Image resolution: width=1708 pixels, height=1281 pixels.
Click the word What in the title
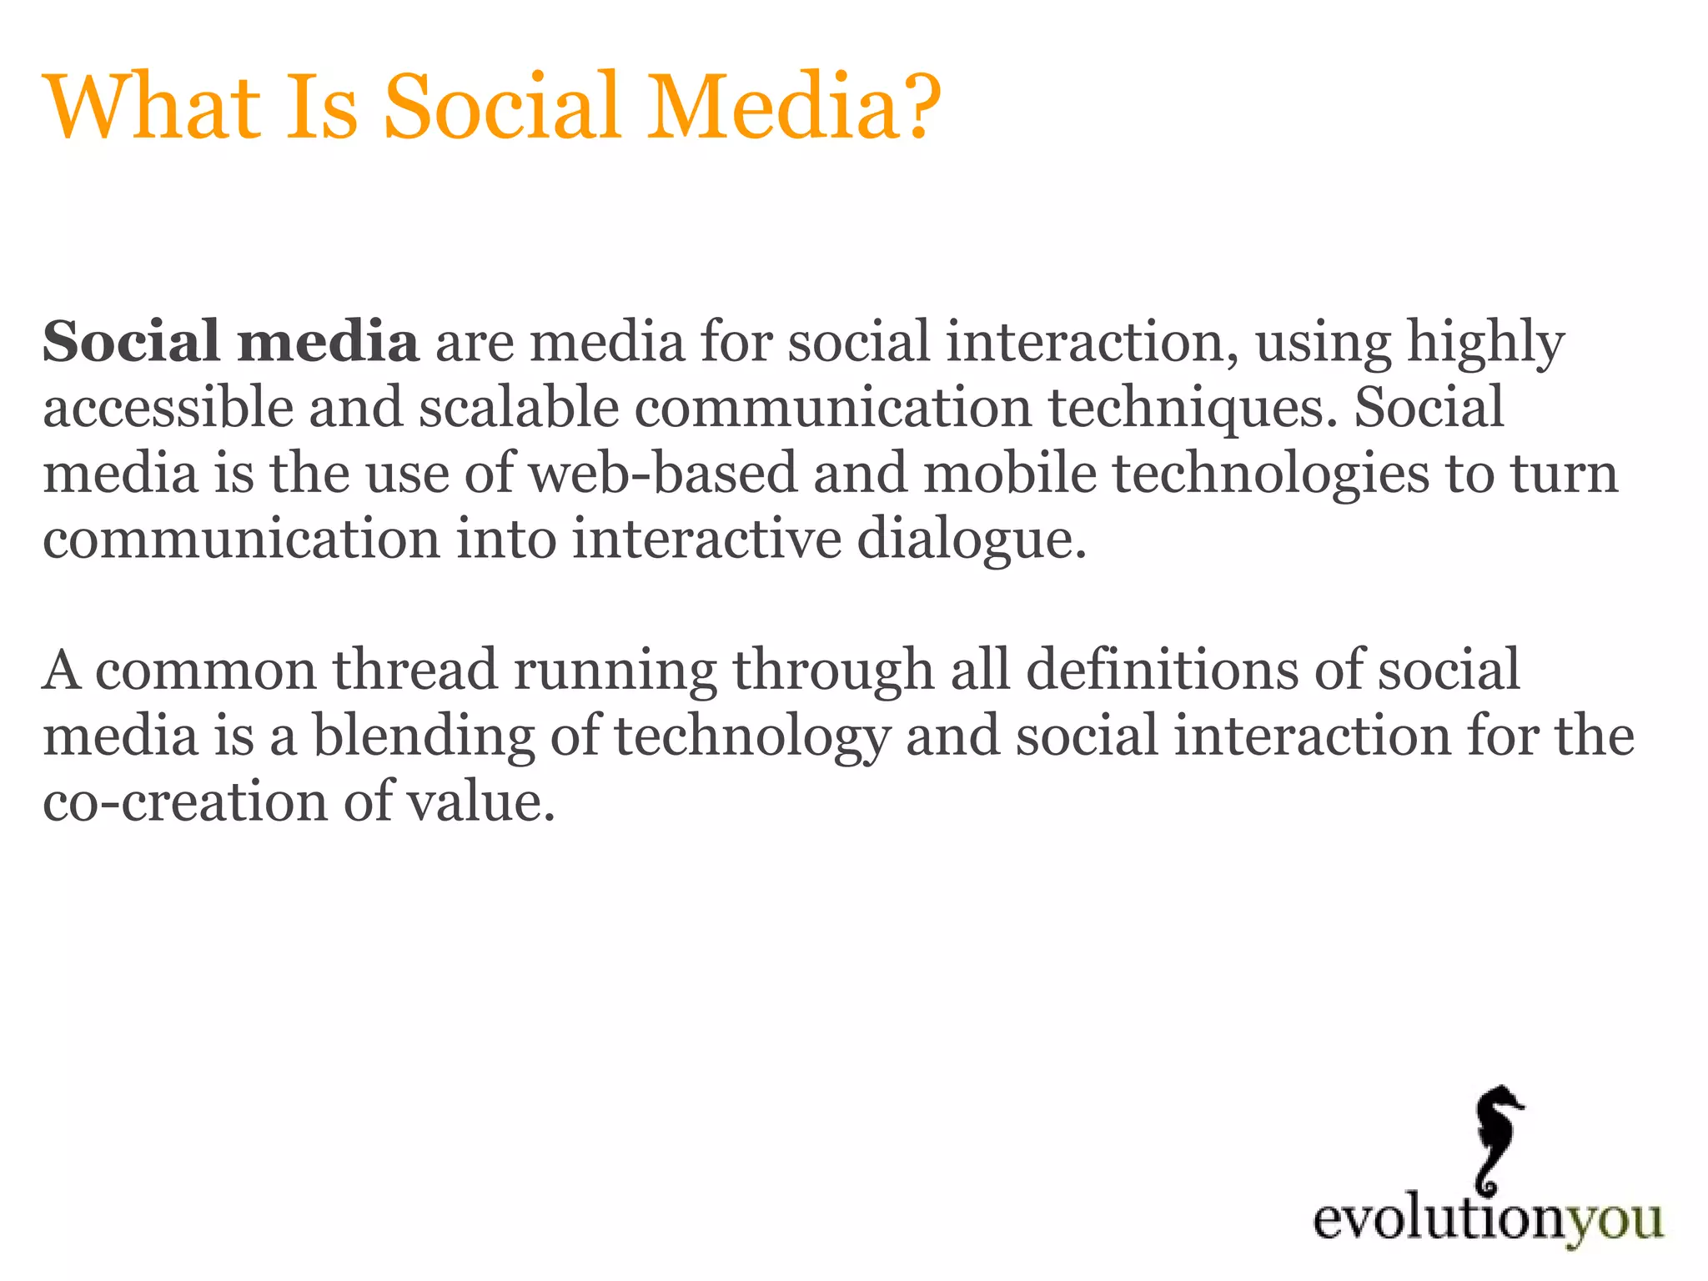coord(153,107)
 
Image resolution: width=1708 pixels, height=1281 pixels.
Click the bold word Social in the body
coord(130,342)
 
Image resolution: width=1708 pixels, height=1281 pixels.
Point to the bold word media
coord(327,342)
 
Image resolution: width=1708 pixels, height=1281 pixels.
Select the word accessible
coord(168,408)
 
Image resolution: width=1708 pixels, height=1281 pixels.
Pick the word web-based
coord(663,474)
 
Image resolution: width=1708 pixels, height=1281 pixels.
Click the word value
coord(480,801)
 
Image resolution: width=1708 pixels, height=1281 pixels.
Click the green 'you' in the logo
coord(1614,1221)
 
